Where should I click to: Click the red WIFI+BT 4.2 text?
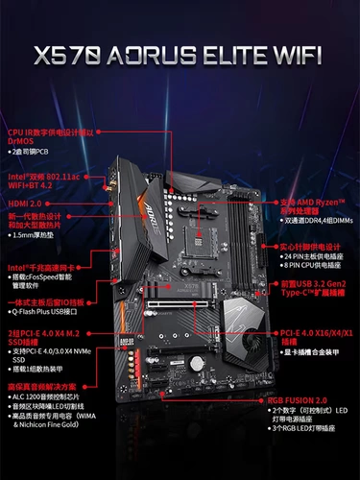coord(34,184)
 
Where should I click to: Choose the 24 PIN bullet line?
coord(313,257)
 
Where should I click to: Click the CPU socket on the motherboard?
coord(201,220)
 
